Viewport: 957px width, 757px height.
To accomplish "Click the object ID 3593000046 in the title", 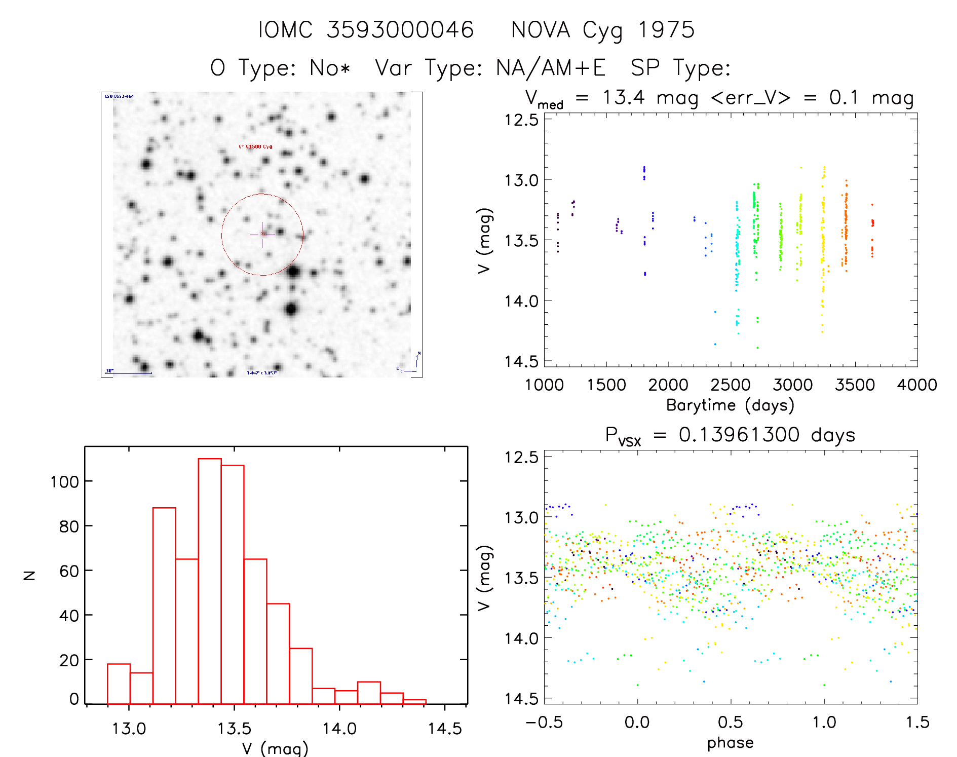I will click(400, 30).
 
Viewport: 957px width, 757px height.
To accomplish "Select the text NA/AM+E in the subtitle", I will click(551, 68).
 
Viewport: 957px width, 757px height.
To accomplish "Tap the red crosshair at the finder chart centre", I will click(262, 235).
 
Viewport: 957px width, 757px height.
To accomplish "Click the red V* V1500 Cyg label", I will click(255, 146).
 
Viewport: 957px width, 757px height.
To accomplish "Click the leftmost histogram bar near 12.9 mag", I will click(119, 684).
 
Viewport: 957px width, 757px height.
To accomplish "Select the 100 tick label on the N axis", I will click(64, 482).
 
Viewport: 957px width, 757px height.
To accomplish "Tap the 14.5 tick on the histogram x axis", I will click(445, 729).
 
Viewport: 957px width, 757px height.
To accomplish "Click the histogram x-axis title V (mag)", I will click(275, 748).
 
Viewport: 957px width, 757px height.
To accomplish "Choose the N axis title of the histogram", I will click(29, 575).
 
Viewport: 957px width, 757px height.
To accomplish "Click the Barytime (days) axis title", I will click(730, 405).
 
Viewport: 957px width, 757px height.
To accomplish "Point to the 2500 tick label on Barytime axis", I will click(731, 385).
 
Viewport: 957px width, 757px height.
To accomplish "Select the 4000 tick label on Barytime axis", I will click(917, 385).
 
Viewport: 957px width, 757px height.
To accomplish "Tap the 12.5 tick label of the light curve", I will click(521, 120).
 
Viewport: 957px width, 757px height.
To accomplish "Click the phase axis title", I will click(730, 743).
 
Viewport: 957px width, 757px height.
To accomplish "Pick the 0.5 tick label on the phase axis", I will click(731, 722).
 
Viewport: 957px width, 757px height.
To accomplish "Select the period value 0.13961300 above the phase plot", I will click(739, 435).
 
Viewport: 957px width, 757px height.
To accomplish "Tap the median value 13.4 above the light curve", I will click(624, 97).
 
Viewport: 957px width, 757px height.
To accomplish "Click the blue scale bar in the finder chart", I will click(129, 373).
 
